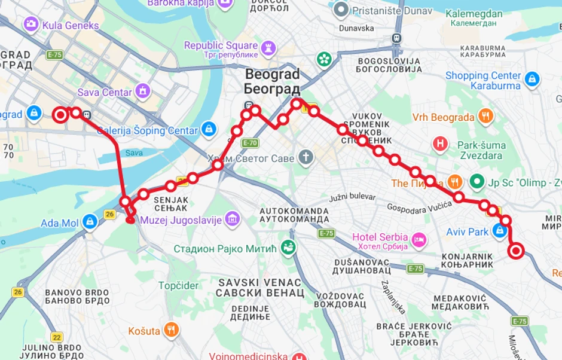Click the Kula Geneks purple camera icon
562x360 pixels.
[30, 24]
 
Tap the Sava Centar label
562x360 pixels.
[105, 92]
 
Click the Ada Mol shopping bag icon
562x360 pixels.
[90, 222]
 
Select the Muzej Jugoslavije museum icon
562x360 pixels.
[233, 219]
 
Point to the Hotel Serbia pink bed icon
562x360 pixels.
[420, 240]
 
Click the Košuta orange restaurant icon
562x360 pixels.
[172, 330]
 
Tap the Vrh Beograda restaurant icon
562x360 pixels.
[485, 117]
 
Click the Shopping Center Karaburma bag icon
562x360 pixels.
[532, 78]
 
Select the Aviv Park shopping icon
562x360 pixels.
[500, 231]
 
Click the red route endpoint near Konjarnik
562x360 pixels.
[515, 251]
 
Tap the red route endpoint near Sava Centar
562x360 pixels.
[60, 115]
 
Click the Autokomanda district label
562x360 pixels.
[294, 215]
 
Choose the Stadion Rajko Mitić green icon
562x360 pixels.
[288, 246]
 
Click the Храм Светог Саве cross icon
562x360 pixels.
[306, 157]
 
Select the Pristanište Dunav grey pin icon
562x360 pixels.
[341, 10]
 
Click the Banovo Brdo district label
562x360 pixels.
[77, 297]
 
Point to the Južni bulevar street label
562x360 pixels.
[352, 197]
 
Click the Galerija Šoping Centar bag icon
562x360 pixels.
[208, 129]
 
